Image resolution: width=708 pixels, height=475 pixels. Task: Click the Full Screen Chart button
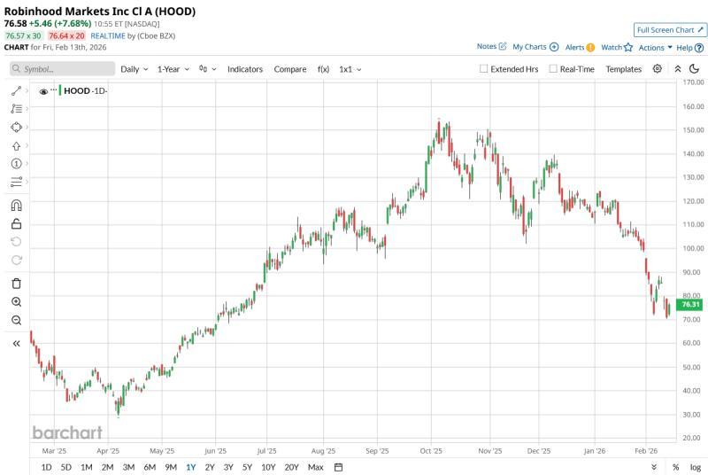click(670, 29)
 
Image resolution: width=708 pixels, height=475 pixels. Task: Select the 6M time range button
click(150, 467)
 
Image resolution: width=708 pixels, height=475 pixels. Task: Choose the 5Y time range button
click(248, 467)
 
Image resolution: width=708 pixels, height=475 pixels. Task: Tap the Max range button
click(315, 467)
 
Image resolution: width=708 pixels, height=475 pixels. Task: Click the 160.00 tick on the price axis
click(692, 106)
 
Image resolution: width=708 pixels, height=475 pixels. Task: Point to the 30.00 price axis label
click(692, 414)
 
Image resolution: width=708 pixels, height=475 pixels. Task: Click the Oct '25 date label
click(432, 449)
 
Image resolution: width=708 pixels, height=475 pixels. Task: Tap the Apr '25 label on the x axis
click(108, 449)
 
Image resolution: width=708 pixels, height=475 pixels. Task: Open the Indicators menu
click(245, 69)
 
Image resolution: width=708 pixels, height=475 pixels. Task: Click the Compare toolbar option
click(290, 69)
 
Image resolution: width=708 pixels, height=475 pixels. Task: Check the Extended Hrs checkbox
click(483, 69)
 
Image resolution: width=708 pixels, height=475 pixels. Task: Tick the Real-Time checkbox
click(553, 69)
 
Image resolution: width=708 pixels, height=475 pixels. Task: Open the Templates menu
click(623, 69)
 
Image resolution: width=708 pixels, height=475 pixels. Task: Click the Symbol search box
click(62, 69)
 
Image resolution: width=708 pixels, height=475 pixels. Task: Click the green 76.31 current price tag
click(690, 305)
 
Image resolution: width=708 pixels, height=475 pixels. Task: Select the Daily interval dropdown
click(134, 69)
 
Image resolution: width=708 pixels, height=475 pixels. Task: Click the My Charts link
click(535, 47)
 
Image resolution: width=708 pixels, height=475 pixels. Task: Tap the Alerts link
click(580, 47)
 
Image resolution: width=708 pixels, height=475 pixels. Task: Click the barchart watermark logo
click(67, 432)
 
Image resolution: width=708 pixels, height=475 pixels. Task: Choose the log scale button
click(696, 467)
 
